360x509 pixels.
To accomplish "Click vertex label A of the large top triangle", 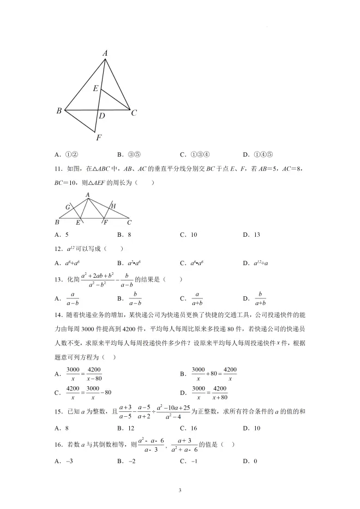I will tap(105, 53).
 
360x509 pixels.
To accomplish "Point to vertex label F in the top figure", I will tap(98, 137).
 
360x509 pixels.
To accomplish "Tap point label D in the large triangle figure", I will tap(102, 116).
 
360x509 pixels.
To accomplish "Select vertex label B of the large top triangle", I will tap(59, 111).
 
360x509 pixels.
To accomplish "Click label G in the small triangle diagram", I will tap(68, 207).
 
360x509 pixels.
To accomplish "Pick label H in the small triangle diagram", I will tap(113, 206).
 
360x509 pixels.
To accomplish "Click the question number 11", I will tap(57, 169).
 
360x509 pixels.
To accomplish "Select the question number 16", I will tap(57, 445).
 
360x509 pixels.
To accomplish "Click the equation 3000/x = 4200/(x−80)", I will tap(84, 374).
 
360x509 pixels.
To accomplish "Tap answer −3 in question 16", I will tap(69, 461).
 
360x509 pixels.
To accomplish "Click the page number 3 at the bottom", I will tap(179, 490).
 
